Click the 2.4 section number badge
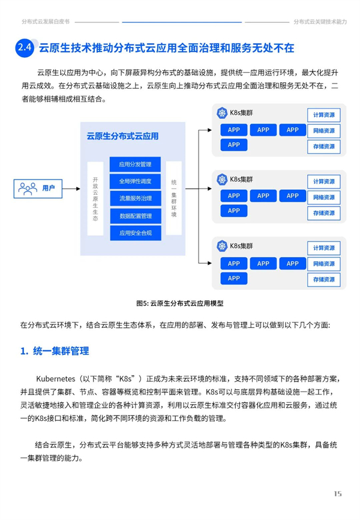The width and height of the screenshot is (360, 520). (25, 48)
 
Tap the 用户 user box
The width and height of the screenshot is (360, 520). (38, 189)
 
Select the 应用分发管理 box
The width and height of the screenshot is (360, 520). (135, 164)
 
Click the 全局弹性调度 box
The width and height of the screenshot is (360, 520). (135, 181)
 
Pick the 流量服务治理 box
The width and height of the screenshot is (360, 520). (135, 198)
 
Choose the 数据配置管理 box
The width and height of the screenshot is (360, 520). (135, 216)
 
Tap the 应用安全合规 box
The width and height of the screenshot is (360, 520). (135, 233)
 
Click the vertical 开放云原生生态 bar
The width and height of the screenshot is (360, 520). (95, 198)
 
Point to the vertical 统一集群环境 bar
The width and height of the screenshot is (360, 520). (174, 198)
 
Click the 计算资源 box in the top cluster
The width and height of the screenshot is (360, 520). (324, 115)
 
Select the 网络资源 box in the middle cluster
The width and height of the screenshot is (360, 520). (324, 197)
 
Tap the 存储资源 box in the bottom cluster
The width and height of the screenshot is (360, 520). (324, 279)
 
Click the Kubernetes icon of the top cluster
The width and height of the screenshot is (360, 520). (222, 113)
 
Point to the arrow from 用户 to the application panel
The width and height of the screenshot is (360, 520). (71, 189)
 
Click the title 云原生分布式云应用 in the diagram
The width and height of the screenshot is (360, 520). (122, 136)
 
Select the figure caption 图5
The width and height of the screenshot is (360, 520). (180, 303)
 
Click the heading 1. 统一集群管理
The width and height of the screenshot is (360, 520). (55, 351)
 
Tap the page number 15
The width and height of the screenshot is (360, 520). (338, 494)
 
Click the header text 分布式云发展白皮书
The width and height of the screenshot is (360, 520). (46, 22)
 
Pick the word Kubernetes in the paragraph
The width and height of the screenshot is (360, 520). (56, 379)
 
